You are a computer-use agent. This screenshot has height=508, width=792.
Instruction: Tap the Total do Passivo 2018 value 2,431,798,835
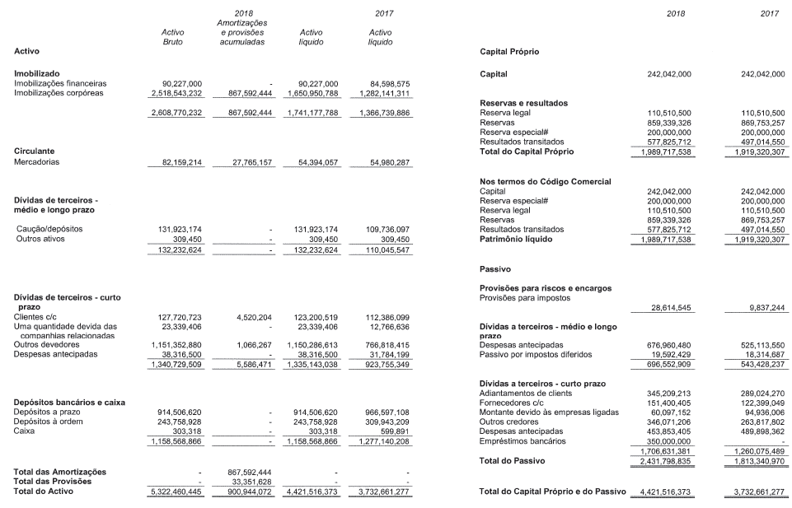click(x=663, y=460)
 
